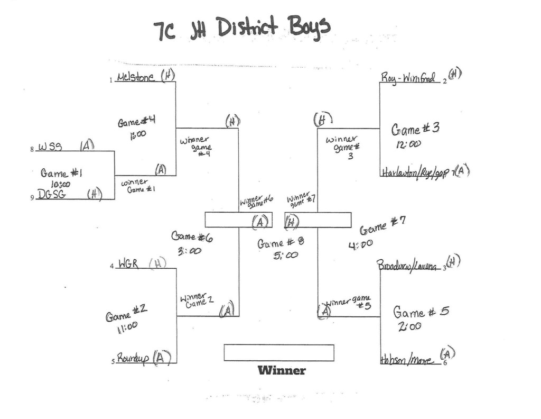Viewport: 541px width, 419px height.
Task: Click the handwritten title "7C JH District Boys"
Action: [241, 29]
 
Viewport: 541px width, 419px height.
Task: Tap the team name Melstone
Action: [136, 77]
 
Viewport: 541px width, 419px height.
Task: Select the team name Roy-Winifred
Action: [408, 78]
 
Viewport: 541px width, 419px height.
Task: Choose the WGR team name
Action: [128, 263]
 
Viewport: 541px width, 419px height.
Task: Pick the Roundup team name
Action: [132, 358]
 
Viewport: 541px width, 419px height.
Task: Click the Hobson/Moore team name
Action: [406, 360]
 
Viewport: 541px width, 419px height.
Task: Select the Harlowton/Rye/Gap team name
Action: [415, 172]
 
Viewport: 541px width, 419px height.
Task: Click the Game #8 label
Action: [281, 243]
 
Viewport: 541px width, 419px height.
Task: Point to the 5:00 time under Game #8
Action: [285, 255]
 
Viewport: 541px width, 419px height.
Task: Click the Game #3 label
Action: [415, 129]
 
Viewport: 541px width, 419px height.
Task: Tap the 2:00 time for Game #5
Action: [410, 326]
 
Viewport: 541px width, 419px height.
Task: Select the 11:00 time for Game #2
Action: [127, 328]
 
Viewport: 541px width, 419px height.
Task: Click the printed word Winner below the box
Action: [282, 370]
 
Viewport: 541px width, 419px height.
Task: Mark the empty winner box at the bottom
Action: [279, 353]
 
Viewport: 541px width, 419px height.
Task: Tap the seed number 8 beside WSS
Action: [32, 150]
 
